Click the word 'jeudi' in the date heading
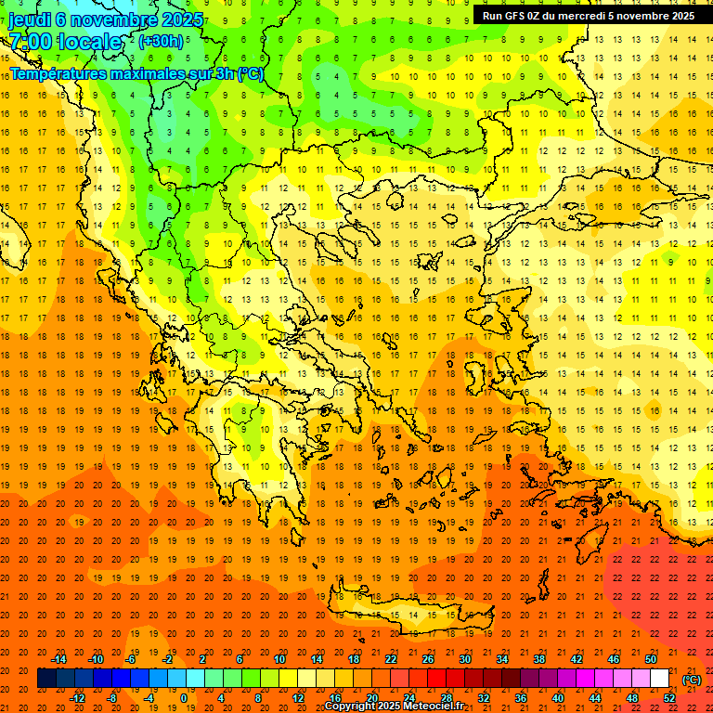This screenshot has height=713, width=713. [x=29, y=19]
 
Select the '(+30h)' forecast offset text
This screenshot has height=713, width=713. [x=161, y=42]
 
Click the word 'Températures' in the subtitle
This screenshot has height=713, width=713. [x=58, y=73]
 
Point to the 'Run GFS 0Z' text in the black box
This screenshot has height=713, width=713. [x=514, y=16]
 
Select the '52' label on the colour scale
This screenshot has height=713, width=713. [x=669, y=698]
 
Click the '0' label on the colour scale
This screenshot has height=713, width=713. [x=183, y=698]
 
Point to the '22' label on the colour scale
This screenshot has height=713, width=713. [x=391, y=659]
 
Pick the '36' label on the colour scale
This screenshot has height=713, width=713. [x=521, y=698]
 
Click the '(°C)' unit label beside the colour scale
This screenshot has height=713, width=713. [x=692, y=680]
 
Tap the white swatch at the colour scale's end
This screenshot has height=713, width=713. [x=659, y=679]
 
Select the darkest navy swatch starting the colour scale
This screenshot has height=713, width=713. [x=46, y=679]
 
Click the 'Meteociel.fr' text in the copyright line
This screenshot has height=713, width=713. [x=433, y=707]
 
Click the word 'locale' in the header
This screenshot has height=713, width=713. [x=89, y=43]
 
